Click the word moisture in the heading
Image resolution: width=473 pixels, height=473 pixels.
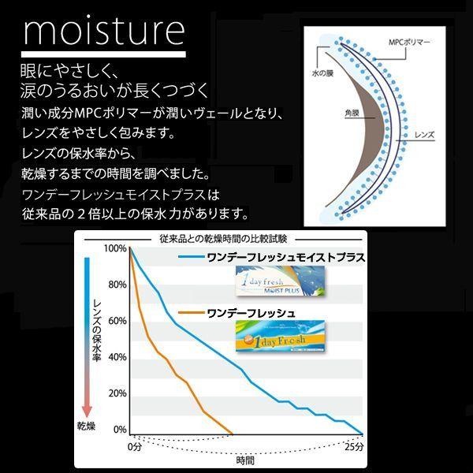coord(104,32)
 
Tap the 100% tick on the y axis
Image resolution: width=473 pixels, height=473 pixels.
coord(115,248)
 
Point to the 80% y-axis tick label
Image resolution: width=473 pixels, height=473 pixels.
coord(117,285)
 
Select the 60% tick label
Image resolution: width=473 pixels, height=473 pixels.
coord(117,321)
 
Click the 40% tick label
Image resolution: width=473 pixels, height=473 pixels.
coord(117,357)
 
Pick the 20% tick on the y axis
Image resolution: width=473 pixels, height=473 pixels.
coord(117,393)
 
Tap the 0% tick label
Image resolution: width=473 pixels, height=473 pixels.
coord(120,430)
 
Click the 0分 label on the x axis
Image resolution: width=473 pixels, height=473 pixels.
coord(135,447)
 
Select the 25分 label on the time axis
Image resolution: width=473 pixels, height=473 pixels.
coord(354,447)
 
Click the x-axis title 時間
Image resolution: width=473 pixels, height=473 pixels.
coord(245,460)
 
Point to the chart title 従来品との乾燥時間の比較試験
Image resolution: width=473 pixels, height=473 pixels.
coord(223,239)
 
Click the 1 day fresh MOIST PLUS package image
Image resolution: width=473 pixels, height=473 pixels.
coord(280,281)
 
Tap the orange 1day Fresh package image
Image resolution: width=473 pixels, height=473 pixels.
coord(280,336)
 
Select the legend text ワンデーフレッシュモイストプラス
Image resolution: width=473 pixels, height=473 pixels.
coord(286,258)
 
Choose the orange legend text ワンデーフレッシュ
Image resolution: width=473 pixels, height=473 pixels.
coord(251,314)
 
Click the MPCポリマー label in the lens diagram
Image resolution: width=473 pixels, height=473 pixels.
coord(409,43)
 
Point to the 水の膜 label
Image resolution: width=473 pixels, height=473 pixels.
coord(322,73)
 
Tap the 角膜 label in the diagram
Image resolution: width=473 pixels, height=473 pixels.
coord(352,113)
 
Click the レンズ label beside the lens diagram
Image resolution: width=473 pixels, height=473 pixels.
coord(424,135)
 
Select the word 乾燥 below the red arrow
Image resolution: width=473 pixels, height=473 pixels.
coord(86,426)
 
